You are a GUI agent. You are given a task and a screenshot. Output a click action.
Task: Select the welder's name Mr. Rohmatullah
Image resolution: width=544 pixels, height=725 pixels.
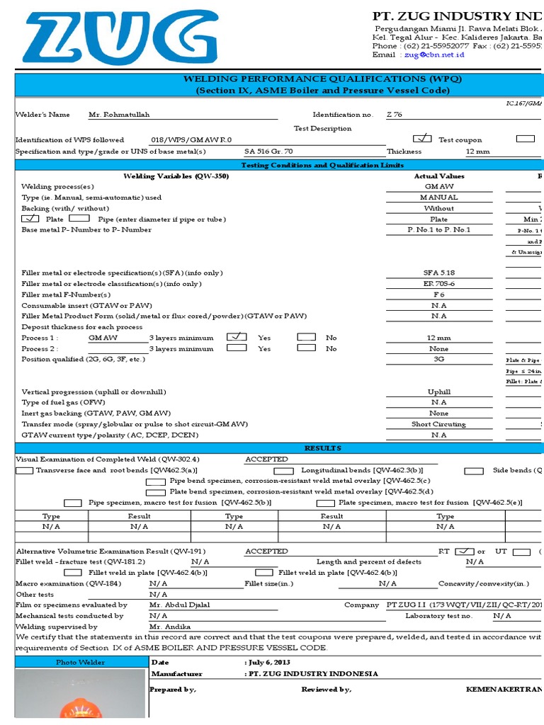click(x=119, y=115)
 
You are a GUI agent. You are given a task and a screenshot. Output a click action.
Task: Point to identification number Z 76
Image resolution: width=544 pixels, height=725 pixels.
click(x=395, y=115)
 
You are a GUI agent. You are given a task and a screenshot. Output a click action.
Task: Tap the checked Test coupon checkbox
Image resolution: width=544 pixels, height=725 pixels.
click(x=422, y=139)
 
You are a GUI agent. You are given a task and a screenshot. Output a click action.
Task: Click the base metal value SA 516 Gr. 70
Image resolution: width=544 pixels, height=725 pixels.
click(x=268, y=152)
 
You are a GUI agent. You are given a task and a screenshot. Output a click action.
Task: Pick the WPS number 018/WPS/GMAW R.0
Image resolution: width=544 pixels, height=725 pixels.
click(x=191, y=140)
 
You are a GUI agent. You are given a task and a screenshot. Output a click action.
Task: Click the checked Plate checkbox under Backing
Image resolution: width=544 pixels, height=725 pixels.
click(x=30, y=219)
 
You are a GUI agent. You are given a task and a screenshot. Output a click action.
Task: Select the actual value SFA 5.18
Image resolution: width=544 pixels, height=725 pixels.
click(x=438, y=273)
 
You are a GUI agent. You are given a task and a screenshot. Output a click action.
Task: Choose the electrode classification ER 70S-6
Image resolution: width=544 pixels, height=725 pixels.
click(x=438, y=283)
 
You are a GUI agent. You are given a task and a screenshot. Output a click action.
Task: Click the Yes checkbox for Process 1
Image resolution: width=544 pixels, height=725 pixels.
click(x=237, y=337)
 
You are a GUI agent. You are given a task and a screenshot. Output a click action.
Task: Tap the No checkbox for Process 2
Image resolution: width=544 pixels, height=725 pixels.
click(x=306, y=348)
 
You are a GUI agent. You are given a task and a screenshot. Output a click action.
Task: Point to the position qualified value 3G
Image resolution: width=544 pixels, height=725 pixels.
click(x=438, y=359)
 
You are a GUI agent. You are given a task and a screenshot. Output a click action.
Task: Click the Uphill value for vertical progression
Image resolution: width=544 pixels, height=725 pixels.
click(x=438, y=392)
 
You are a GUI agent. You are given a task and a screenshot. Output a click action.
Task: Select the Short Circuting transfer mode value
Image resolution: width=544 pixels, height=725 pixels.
click(x=438, y=424)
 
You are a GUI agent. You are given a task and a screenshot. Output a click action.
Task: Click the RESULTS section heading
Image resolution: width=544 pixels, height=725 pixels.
click(x=322, y=448)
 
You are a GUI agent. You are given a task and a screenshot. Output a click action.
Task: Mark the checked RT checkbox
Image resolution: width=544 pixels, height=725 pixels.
click(x=464, y=551)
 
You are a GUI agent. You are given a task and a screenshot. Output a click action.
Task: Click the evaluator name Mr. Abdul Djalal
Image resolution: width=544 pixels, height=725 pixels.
click(x=180, y=605)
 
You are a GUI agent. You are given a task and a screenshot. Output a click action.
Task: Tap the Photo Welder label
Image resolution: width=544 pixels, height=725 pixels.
click(x=80, y=662)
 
